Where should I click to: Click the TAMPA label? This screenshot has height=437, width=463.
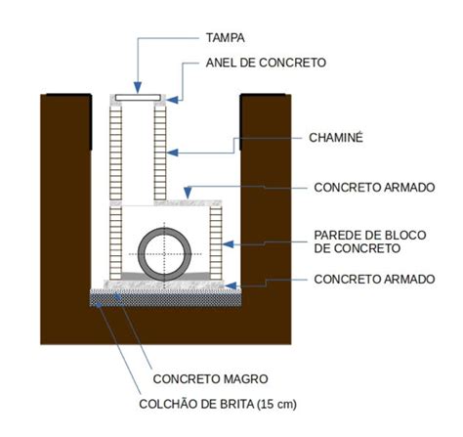pos(225,38)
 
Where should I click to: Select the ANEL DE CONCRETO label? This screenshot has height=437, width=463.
pos(266,63)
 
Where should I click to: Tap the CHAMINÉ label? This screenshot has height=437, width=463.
pos(336,137)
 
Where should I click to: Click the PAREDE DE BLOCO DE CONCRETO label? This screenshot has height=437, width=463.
pos(370,241)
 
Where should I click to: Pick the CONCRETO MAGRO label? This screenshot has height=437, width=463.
pos(210,379)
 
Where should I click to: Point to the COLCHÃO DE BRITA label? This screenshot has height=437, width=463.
pos(196,404)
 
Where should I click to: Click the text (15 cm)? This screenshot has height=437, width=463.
pos(276,405)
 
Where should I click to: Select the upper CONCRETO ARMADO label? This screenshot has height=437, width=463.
pos(374,188)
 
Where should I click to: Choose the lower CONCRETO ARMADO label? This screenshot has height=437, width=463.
pos(374,280)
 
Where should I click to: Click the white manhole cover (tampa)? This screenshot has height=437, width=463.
pos(138,98)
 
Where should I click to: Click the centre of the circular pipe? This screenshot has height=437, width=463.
pos(164,254)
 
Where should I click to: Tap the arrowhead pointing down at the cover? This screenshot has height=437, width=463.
pos(138,87)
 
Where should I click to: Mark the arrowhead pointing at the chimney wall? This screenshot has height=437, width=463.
pos(172,153)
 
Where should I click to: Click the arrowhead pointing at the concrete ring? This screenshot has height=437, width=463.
pos(172,100)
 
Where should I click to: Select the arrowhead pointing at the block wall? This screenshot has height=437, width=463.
pos(228,243)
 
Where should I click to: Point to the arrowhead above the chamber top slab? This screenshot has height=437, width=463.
pos(188,193)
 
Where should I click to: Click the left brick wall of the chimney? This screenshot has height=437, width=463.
pos(115,153)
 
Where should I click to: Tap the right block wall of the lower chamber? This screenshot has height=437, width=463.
pos(216,242)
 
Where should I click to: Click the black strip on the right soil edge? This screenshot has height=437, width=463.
pos(241,122)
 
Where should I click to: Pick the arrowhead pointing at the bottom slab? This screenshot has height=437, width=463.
pos(231,285)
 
